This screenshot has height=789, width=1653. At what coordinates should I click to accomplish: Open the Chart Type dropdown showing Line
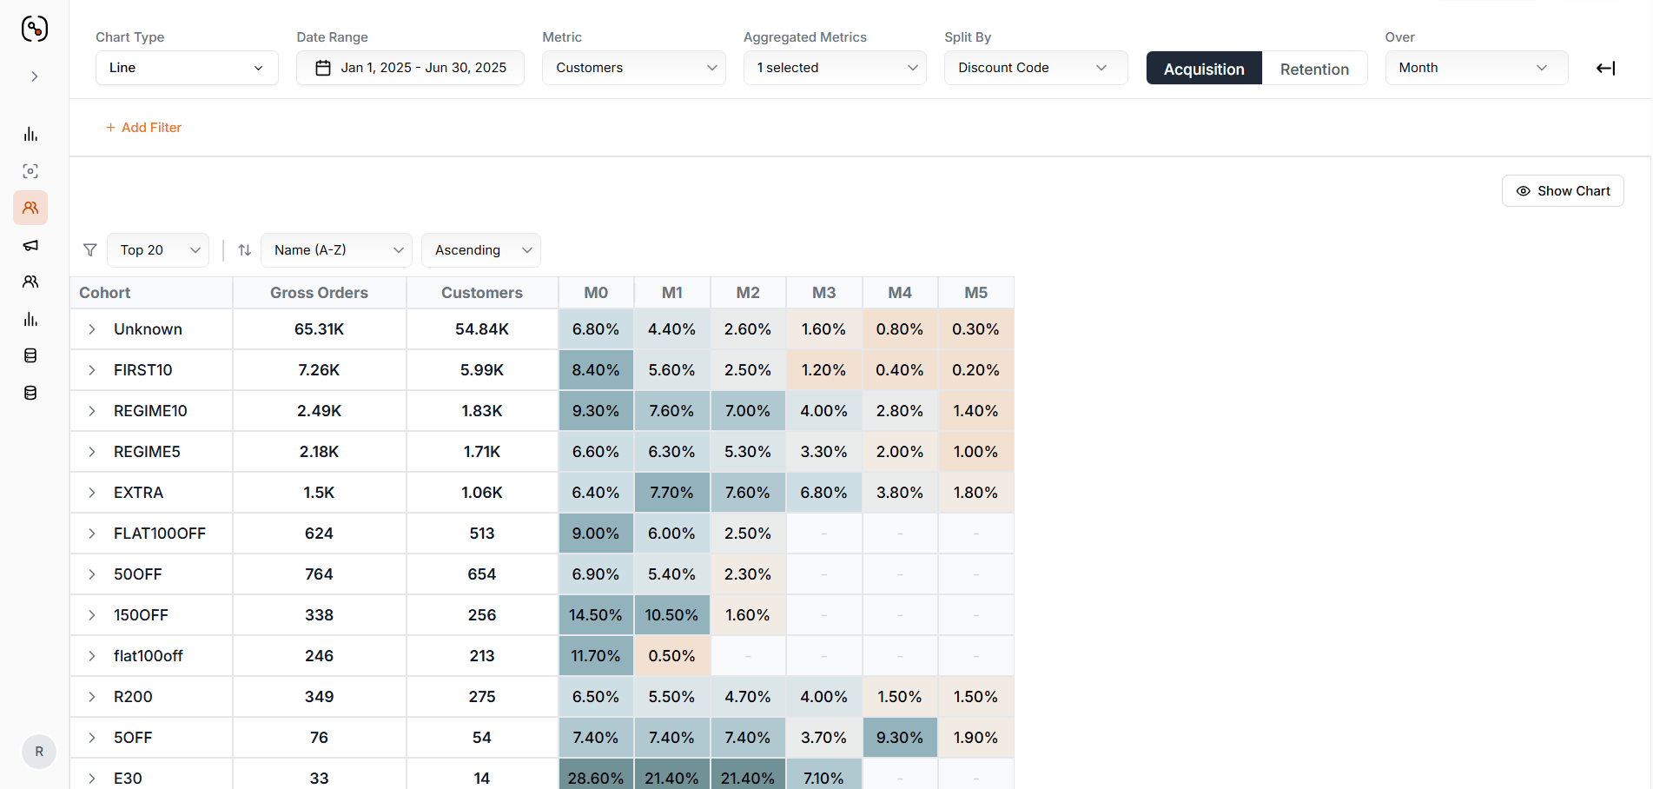click(x=187, y=68)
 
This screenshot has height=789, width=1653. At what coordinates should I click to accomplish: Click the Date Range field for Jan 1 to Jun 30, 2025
click(x=410, y=68)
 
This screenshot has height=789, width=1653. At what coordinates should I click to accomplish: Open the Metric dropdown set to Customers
click(x=634, y=68)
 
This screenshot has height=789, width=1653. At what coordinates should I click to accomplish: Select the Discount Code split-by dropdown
click(x=1036, y=68)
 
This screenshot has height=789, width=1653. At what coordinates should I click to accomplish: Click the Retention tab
click(x=1314, y=69)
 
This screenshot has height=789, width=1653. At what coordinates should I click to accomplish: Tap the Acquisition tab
click(x=1204, y=69)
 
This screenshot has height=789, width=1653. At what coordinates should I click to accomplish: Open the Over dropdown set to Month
click(x=1477, y=68)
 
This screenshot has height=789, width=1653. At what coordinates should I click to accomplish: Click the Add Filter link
click(x=143, y=128)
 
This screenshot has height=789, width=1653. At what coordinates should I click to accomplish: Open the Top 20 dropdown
click(x=158, y=250)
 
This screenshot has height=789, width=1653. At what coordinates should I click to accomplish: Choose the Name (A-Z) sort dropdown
click(x=336, y=250)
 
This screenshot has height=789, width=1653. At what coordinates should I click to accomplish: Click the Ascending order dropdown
click(x=481, y=250)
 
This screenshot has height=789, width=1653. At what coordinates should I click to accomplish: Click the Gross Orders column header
click(x=319, y=293)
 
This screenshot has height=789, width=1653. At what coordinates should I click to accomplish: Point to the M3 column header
click(x=824, y=293)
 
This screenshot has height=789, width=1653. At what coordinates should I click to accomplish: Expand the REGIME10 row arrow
click(x=92, y=411)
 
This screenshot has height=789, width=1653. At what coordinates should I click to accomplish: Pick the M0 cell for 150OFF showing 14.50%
click(x=596, y=615)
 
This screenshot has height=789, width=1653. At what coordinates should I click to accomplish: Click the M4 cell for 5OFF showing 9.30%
click(x=900, y=738)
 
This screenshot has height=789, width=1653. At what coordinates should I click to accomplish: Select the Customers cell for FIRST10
click(x=482, y=370)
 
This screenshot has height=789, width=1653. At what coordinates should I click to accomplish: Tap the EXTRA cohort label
click(x=138, y=493)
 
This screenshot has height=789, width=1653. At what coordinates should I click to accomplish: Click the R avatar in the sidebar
click(x=39, y=752)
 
